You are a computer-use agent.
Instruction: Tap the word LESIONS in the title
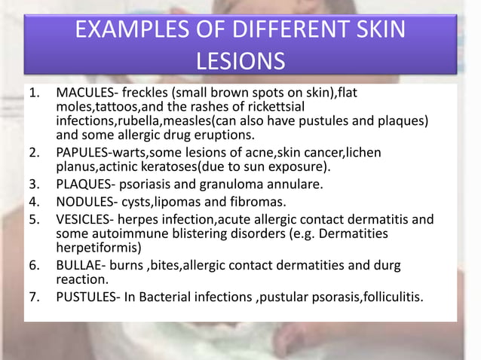240,59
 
